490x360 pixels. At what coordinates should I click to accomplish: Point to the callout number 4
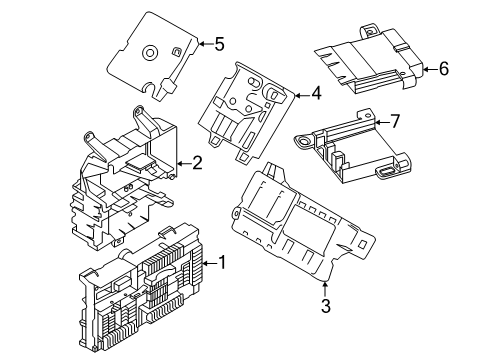[x=315, y=93]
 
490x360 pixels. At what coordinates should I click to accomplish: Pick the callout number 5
[x=218, y=42]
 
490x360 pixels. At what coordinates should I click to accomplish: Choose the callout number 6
[x=443, y=69]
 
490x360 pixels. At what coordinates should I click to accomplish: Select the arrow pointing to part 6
[x=426, y=69]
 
